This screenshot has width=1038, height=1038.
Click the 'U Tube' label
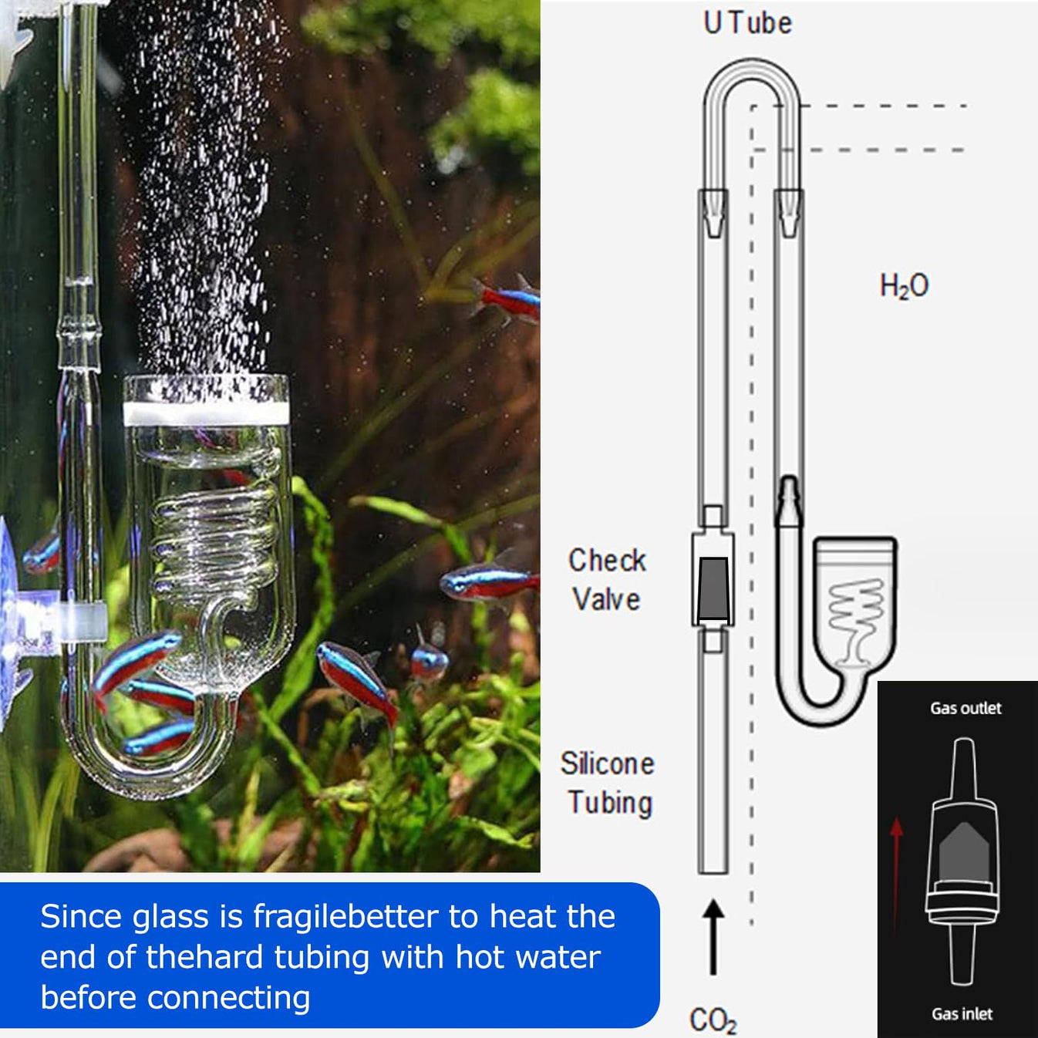click(x=747, y=23)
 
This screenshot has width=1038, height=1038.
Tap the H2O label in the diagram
click(x=904, y=286)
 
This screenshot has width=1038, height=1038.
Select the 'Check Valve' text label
click(x=607, y=580)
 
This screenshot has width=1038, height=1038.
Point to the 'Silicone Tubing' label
click(x=608, y=783)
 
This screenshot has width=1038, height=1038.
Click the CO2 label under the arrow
click(x=713, y=1019)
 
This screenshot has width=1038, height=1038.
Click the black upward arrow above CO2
click(x=713, y=936)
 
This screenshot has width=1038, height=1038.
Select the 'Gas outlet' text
click(x=966, y=708)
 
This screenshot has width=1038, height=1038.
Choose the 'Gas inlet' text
click(x=962, y=1013)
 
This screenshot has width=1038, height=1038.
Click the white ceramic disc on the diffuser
click(x=206, y=413)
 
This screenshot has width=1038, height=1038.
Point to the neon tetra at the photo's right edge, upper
click(x=509, y=301)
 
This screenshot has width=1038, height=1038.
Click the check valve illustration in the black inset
click(x=962, y=860)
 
